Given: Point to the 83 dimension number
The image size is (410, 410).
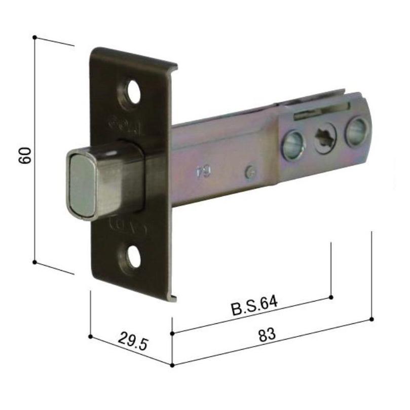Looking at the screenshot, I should [x=267, y=334].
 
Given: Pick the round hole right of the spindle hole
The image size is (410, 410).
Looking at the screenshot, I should [x=356, y=129].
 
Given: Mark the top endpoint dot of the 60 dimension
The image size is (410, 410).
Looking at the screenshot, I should [x=34, y=37].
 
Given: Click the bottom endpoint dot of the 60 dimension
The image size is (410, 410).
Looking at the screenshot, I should [x=34, y=262].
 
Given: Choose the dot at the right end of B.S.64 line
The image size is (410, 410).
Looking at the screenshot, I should [x=331, y=296].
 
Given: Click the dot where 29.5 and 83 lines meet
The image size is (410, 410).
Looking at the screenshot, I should [x=173, y=364].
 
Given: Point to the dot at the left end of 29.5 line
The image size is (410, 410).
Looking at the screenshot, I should [x=90, y=336].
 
